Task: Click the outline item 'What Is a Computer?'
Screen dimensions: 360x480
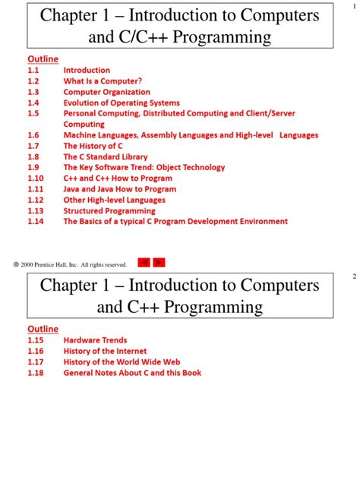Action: [x=103, y=81]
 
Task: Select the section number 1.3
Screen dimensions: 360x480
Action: [x=33, y=92]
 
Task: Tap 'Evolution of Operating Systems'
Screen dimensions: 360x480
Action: [x=122, y=103]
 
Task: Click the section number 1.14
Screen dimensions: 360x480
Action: [x=36, y=222]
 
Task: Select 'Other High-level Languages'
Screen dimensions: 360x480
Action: [x=114, y=200]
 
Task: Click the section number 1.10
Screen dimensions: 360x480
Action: [x=36, y=178]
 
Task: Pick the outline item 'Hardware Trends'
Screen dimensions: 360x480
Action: [x=95, y=340]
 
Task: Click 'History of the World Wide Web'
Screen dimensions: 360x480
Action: [x=122, y=362]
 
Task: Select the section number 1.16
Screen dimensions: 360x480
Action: [x=36, y=352]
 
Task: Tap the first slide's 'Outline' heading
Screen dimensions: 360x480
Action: [x=43, y=59]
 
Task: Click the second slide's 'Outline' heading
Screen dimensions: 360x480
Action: [x=43, y=329]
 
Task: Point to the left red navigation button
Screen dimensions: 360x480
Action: [x=144, y=263]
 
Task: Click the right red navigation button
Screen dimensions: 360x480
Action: [x=159, y=263]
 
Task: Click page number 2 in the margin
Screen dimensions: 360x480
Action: [x=354, y=277]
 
